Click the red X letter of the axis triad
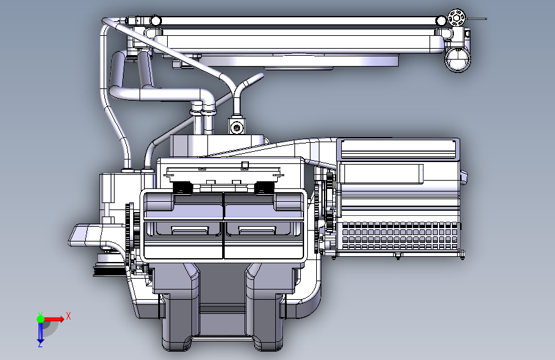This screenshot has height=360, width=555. (x=68, y=316)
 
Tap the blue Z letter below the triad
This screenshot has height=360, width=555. (x=40, y=344)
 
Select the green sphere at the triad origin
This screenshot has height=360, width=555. (x=41, y=319)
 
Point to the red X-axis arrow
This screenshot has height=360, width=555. (x=54, y=319)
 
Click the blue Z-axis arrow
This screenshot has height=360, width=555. (x=41, y=332)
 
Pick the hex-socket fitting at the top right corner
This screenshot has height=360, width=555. (x=456, y=18)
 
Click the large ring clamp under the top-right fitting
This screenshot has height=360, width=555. (x=457, y=60)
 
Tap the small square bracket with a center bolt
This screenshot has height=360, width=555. (x=236, y=126)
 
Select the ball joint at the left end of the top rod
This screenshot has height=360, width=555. (x=156, y=20)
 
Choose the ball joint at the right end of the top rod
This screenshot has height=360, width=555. (x=441, y=21)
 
